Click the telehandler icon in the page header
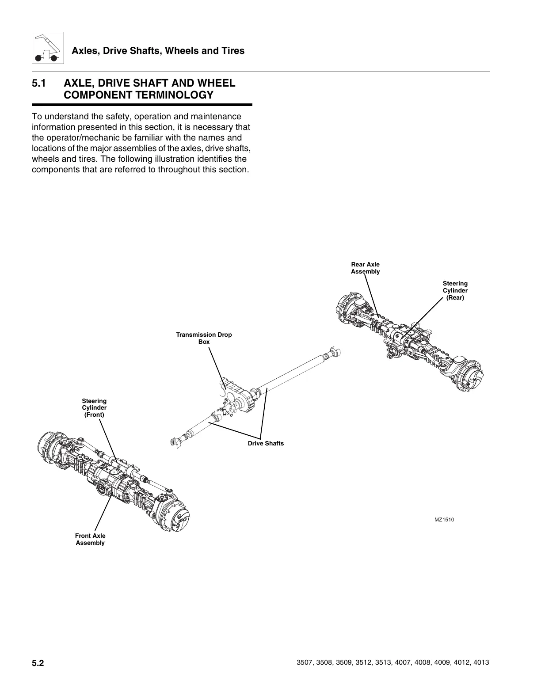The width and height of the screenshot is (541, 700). [x=48, y=48]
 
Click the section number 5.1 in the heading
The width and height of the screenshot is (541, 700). [x=39, y=83]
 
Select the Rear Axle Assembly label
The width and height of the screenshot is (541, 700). [x=365, y=268]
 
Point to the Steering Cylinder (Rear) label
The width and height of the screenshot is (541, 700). [x=455, y=290]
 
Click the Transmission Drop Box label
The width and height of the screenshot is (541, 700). [x=204, y=338]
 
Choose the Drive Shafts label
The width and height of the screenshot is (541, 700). [x=266, y=443]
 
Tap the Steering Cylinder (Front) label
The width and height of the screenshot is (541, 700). [x=94, y=408]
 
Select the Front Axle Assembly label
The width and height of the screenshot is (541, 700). [x=90, y=539]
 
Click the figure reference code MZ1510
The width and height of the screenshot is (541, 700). [x=444, y=519]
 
